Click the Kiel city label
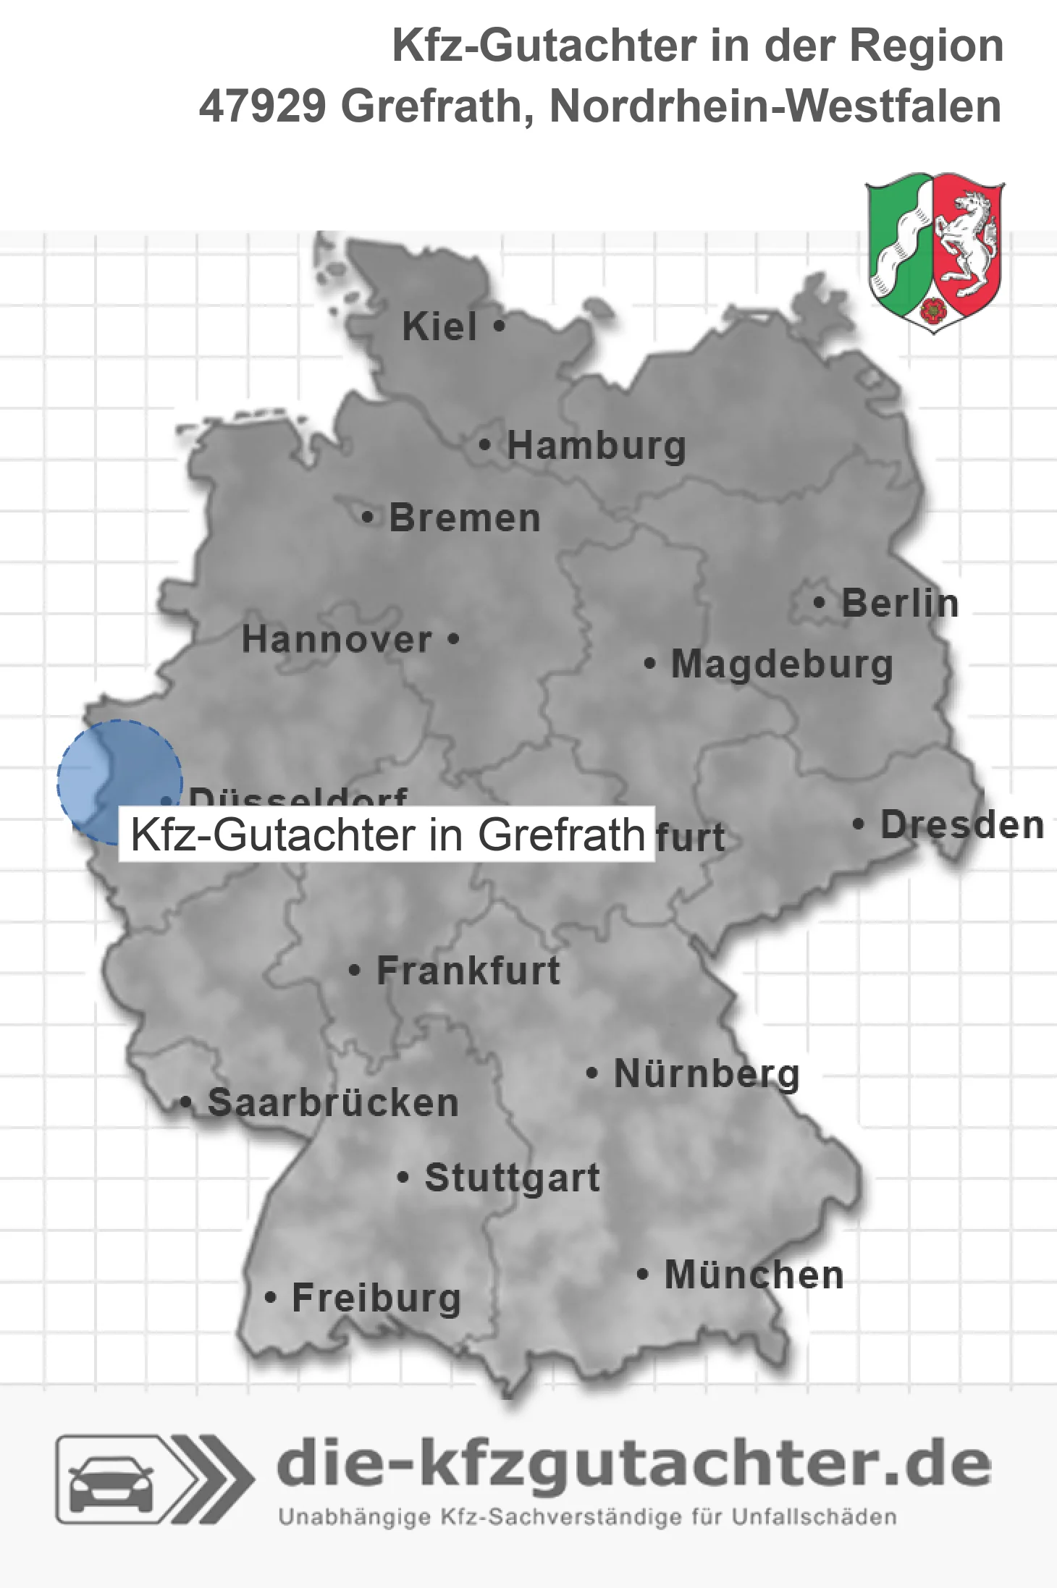click(x=439, y=326)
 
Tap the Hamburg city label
click(x=596, y=446)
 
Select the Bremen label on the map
click(x=465, y=518)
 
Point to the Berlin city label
click(x=900, y=604)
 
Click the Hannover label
click(x=337, y=640)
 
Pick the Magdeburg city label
click(x=782, y=664)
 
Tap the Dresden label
click(x=962, y=825)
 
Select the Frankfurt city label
click(x=468, y=971)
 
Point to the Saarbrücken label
click(x=333, y=1103)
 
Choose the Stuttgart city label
click(x=512, y=1178)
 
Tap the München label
click(x=754, y=1275)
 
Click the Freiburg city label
click(x=376, y=1298)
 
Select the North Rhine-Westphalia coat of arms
click(x=935, y=252)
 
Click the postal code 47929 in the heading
click(x=262, y=106)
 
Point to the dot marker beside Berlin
click(x=820, y=602)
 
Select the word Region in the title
click(x=926, y=46)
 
